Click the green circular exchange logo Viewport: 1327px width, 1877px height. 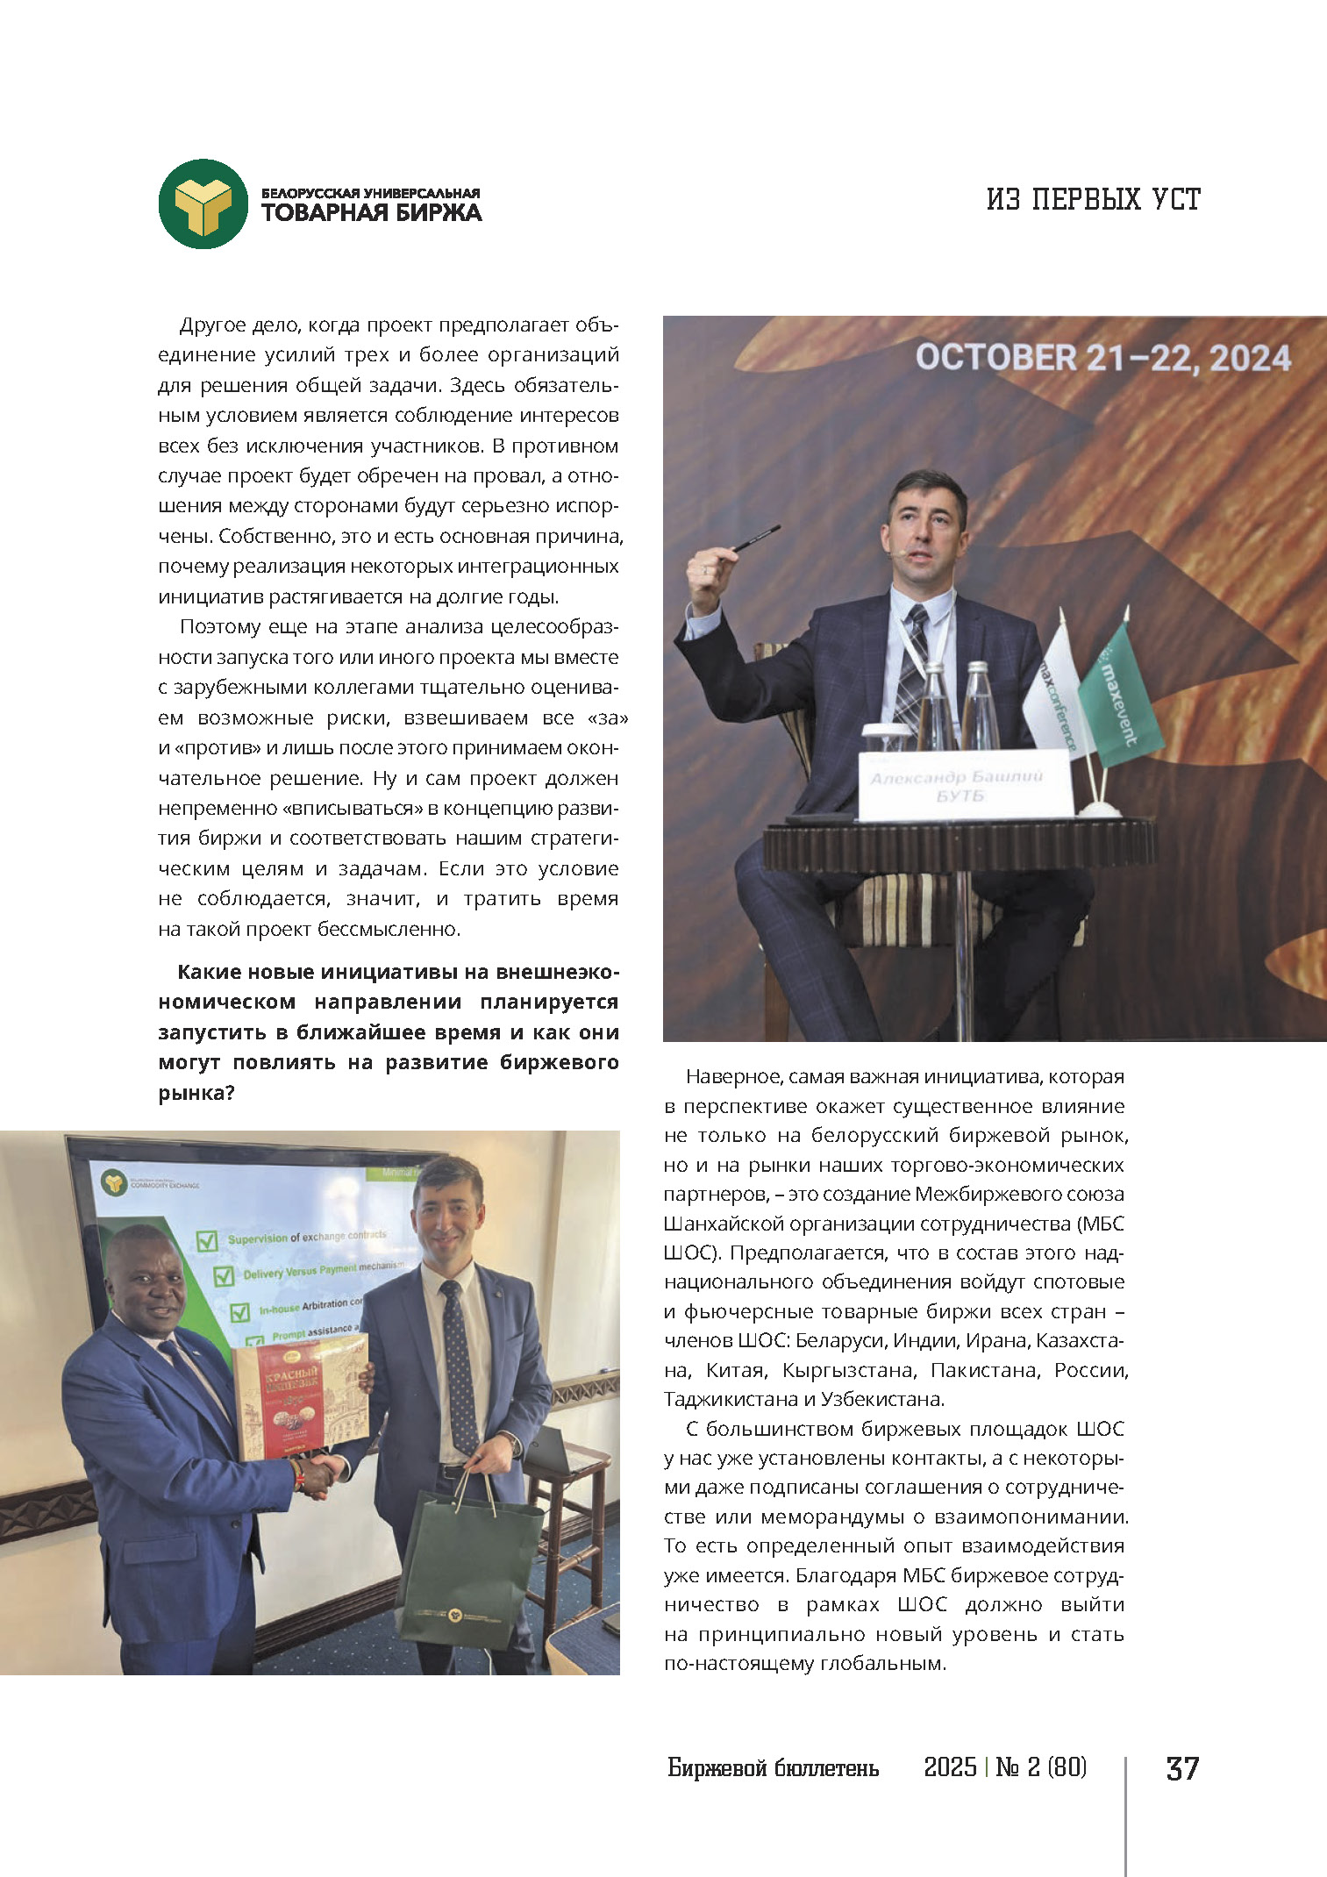[x=203, y=204]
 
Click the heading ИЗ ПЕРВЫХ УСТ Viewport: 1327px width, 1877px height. [x=1093, y=200]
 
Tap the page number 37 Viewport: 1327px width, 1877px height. [x=1181, y=1768]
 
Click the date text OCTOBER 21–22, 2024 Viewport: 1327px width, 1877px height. [x=1103, y=358]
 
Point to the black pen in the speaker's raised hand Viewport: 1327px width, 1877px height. [x=755, y=538]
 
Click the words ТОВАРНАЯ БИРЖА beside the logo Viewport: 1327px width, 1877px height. [x=371, y=213]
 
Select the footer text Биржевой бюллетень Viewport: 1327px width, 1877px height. [x=773, y=1767]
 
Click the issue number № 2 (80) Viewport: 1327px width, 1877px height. [x=1041, y=1766]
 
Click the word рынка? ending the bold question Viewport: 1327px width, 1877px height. [x=196, y=1093]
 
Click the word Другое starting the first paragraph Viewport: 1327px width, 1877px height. [x=210, y=325]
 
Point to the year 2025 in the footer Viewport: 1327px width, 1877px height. [x=950, y=1766]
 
